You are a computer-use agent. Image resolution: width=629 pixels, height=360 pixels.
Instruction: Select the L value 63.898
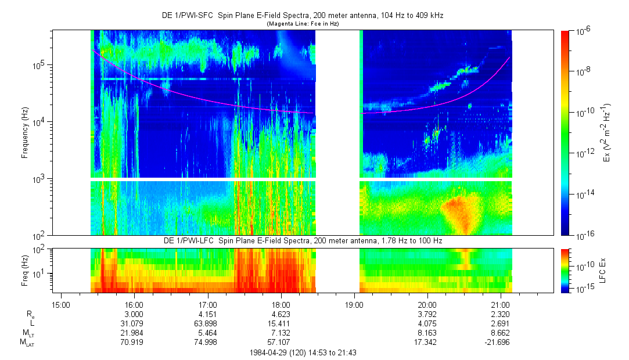207,323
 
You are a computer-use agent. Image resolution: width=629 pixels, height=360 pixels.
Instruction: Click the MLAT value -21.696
500,342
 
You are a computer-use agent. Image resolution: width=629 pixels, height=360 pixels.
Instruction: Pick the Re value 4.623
281,314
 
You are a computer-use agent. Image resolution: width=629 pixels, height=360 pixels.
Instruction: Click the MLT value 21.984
134,333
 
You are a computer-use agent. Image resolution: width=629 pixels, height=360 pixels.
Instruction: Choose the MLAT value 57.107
281,342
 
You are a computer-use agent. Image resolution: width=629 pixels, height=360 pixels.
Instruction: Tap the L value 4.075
427,323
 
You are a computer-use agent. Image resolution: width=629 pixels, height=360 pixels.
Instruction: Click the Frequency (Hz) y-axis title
25,133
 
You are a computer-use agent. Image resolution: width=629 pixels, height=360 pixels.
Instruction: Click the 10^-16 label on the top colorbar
583,235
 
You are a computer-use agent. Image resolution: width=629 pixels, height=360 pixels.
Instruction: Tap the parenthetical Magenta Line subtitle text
302,24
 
